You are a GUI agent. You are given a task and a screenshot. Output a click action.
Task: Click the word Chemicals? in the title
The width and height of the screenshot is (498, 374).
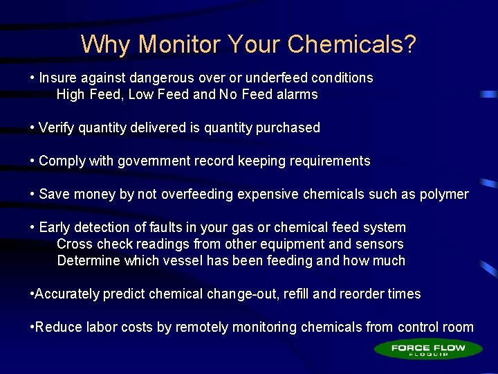[x=352, y=44]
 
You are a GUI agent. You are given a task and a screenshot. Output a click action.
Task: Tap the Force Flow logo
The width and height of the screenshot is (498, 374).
[x=428, y=349]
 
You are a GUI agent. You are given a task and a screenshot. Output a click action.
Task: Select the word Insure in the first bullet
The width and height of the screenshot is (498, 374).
[x=58, y=78]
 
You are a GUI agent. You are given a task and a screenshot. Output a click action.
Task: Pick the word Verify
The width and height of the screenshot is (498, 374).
[x=56, y=128]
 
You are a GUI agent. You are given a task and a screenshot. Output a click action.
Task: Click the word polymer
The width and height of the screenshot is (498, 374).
[x=444, y=195]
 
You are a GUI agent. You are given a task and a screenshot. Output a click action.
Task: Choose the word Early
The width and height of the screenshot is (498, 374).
[x=55, y=228]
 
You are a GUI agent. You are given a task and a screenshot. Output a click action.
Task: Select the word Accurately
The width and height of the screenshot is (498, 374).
[x=67, y=294]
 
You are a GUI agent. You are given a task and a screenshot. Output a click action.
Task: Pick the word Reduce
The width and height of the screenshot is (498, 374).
[x=55, y=328]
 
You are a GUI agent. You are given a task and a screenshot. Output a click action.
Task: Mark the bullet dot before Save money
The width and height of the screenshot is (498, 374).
[x=33, y=195]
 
